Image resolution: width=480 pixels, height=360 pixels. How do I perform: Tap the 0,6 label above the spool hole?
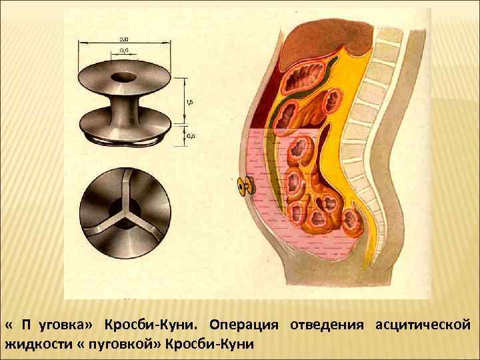pos(125,51)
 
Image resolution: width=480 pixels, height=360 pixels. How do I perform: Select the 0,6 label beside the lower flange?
pos(191,135)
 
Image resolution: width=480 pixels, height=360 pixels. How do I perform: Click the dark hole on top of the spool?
pos(125,75)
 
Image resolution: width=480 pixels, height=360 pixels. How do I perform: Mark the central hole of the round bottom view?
pos(123,215)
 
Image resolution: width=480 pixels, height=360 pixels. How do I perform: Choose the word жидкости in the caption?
pos(35,345)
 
